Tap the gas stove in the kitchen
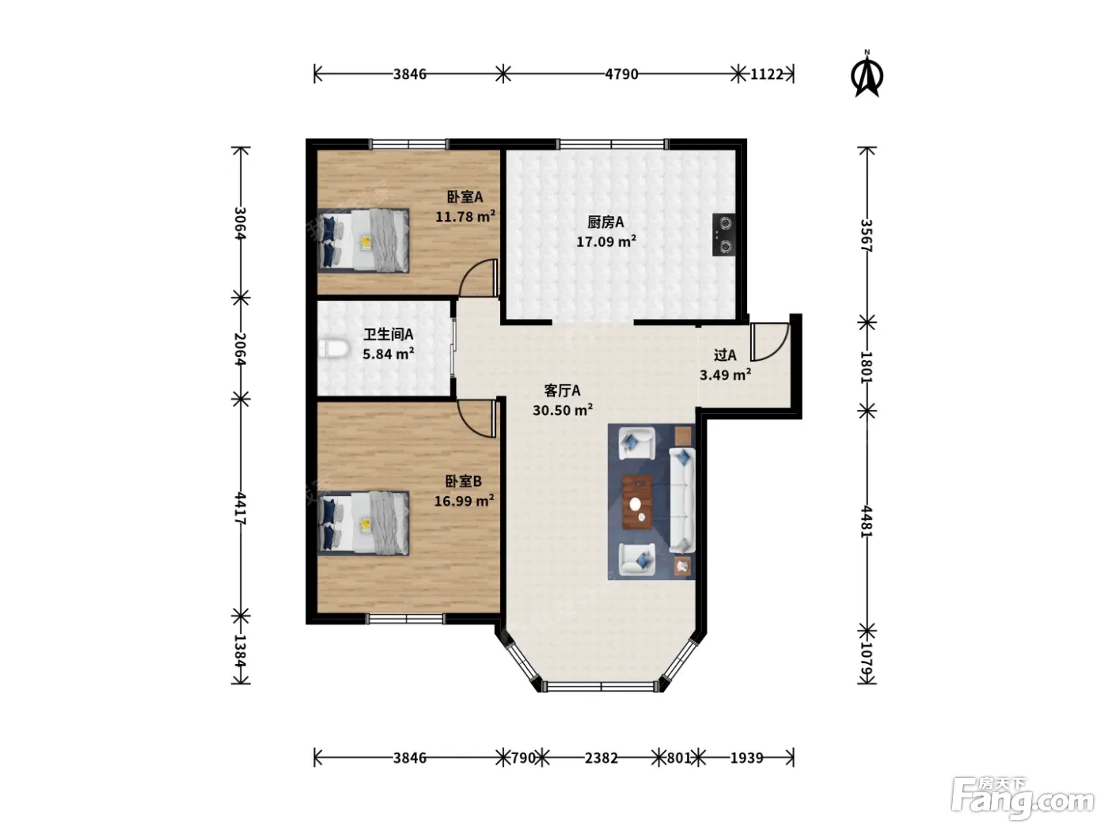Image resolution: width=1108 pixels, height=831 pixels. tap(723, 234)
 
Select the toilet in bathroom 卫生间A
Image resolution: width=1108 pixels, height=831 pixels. tap(334, 349)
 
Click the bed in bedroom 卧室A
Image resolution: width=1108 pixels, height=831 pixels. tap(363, 241)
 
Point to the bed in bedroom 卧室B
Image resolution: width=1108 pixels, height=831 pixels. tap(363, 523)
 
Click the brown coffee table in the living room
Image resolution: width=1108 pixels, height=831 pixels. tap(637, 502)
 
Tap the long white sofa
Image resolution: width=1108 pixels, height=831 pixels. tap(682, 500)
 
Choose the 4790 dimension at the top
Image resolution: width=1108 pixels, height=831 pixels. tap(621, 74)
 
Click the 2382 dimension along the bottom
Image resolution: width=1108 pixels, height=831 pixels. tap(601, 758)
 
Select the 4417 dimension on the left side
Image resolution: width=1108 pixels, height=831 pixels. tap(241, 508)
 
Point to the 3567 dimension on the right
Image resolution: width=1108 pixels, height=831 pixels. tap(866, 236)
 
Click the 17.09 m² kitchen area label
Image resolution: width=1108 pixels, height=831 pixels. tap(605, 241)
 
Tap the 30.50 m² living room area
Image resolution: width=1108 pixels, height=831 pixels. tap(563, 410)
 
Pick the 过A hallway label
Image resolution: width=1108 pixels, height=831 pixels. tap(725, 355)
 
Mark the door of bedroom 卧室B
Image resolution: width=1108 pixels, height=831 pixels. tap(476, 419)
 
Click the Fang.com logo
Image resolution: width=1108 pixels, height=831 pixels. tap(1023, 799)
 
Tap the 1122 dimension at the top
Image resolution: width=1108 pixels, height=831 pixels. tap(766, 74)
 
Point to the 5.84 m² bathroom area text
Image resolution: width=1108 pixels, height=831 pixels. tap(388, 354)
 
